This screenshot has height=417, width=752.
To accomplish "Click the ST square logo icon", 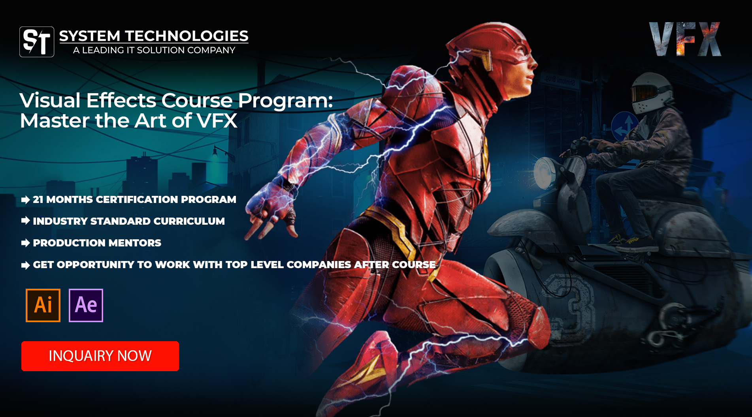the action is pos(37,42).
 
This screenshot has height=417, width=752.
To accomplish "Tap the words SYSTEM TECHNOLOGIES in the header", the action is pos(154,36).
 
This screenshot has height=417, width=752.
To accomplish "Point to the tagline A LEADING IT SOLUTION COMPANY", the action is pos(154,50).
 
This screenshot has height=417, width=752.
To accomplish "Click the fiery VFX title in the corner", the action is pos(685,39).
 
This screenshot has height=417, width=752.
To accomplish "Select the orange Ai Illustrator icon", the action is pos(43,305).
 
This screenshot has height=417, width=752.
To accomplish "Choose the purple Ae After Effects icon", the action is pos(86,305).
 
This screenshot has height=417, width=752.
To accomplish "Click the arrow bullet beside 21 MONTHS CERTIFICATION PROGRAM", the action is pos(26,200).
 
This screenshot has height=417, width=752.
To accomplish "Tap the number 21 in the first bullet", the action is pos(38,199).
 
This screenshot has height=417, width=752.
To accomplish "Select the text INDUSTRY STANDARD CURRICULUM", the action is pos(129,221).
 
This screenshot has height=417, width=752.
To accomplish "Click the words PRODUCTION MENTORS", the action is pos(97,243).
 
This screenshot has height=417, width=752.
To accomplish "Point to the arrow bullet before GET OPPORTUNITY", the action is pos(26,265).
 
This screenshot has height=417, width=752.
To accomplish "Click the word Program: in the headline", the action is pos(285,101).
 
